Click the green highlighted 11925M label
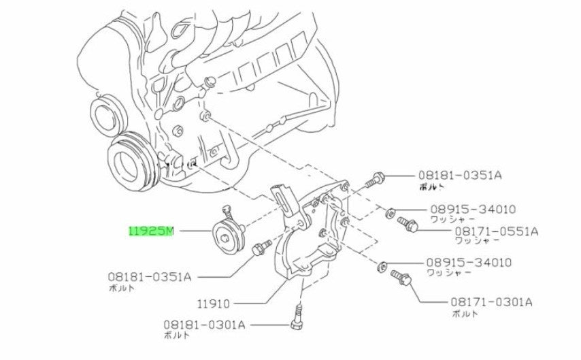[151, 231]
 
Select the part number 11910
[214, 304]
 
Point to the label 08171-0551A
[497, 231]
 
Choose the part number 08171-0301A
[491, 302]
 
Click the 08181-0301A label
[204, 325]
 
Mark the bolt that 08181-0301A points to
[297, 316]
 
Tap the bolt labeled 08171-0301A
[401, 278]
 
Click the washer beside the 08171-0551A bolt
[390, 213]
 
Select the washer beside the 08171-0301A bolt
[381, 266]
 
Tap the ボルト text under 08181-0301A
[176, 335]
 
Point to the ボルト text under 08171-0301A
[465, 313]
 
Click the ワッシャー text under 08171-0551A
[478, 241]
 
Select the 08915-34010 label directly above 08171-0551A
[473, 210]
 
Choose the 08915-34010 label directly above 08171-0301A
[469, 263]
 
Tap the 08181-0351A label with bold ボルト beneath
[460, 175]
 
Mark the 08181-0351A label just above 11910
[150, 276]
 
